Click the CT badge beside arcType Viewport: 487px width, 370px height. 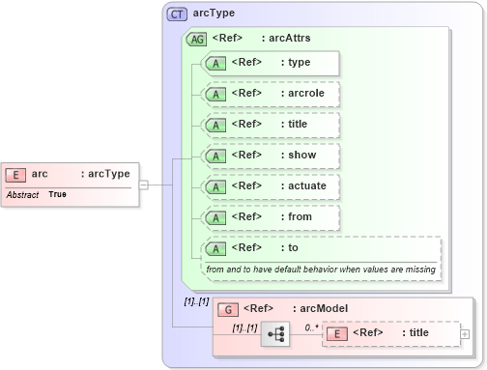pyautogui.click(x=177, y=14)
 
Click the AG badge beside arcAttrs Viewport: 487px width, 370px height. pyautogui.click(x=196, y=40)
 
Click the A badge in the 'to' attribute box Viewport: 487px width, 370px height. pyautogui.click(x=218, y=248)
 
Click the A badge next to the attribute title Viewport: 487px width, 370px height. pyautogui.click(x=218, y=125)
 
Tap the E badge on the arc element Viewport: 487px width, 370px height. pyautogui.click(x=16, y=175)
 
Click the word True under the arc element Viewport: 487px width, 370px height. pyautogui.click(x=58, y=195)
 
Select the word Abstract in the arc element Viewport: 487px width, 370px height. pyautogui.click(x=22, y=195)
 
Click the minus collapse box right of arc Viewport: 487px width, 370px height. pyautogui.click(x=143, y=184)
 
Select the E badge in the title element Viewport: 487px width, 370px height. pyautogui.click(x=338, y=333)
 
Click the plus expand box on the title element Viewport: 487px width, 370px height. pyautogui.click(x=466, y=333)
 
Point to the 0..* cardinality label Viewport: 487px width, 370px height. pyautogui.click(x=312, y=327)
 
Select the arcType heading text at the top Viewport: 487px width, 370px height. pyautogui.click(x=215, y=14)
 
